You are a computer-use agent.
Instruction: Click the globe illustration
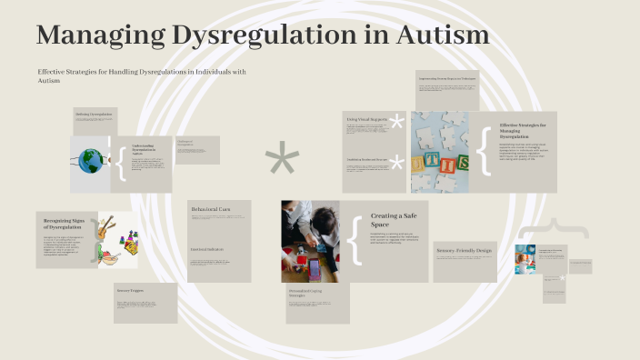pos(91,162)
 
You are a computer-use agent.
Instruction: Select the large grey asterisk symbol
pos(282,162)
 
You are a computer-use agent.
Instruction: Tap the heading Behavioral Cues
pos(210,210)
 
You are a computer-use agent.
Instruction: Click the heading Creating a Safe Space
pos(392,220)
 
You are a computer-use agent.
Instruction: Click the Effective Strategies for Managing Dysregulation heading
pos(523,132)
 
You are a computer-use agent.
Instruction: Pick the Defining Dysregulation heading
pos(95,115)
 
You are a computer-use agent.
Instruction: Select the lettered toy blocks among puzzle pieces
pos(439,163)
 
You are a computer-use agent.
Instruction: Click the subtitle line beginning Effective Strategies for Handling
pos(141,72)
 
